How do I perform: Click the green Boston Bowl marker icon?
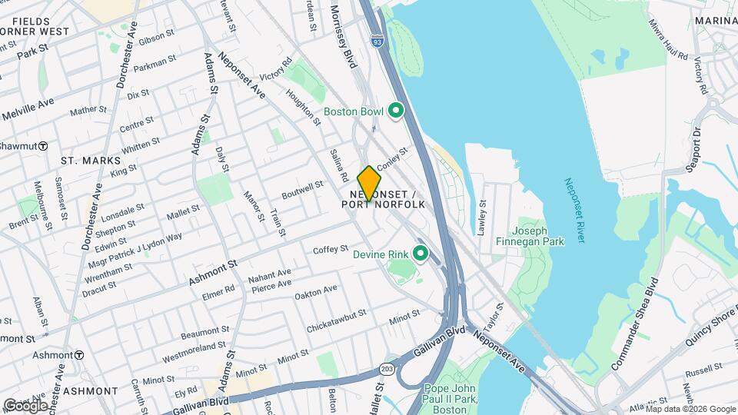coord(396,111)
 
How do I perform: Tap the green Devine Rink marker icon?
coord(420,253)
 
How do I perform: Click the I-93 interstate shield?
coord(376,39)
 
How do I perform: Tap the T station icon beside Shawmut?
coord(44,146)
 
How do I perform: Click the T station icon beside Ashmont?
coord(79,355)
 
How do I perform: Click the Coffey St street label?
coord(331,249)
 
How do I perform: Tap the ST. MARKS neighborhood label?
coord(91,161)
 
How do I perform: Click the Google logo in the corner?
coord(25,406)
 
